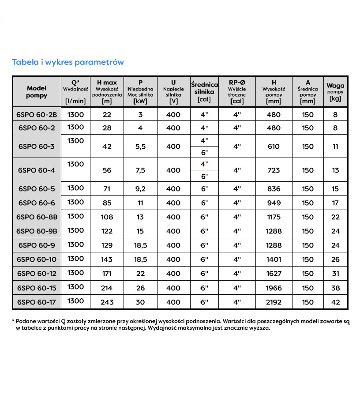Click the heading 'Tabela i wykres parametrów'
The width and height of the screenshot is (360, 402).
(67, 62)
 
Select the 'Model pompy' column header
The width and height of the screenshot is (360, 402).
(36, 92)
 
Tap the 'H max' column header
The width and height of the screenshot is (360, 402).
(107, 83)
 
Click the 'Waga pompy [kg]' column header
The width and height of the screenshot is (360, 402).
(335, 92)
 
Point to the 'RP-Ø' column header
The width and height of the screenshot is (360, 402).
(237, 83)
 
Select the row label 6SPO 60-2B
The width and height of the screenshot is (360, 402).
(37, 115)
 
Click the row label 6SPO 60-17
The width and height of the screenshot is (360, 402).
(37, 302)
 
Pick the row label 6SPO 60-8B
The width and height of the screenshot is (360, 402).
(37, 217)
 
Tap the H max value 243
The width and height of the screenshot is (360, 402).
(107, 302)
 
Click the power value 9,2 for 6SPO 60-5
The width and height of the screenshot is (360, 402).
(140, 189)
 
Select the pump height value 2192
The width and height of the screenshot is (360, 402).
(274, 302)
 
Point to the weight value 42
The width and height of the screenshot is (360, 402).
(335, 302)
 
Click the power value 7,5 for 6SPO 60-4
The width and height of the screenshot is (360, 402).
(140, 170)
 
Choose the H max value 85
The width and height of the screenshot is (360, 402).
(107, 203)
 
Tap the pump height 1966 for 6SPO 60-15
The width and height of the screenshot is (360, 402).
(274, 288)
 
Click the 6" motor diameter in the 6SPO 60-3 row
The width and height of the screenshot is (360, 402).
(204, 152)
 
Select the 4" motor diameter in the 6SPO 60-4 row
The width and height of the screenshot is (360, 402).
(204, 164)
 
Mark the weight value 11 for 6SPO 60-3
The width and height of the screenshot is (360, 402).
(335, 147)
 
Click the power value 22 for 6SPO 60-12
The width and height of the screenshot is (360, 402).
(140, 274)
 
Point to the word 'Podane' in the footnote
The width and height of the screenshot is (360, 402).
(26, 322)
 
